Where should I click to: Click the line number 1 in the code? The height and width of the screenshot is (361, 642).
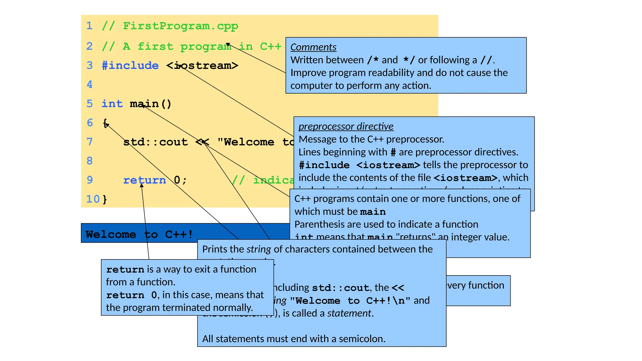pos(90,26)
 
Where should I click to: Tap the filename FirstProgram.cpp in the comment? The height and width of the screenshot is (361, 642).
pos(181,26)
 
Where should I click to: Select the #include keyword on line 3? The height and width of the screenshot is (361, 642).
pos(130,65)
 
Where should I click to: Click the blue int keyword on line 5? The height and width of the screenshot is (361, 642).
pos(112,104)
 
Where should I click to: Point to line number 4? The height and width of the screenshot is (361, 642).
pos(90,84)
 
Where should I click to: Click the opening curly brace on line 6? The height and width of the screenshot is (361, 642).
pos(105,123)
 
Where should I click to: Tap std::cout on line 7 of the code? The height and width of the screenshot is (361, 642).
pos(155,142)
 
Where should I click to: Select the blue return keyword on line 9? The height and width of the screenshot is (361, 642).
pos(145,180)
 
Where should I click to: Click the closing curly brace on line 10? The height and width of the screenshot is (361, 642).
pos(105,199)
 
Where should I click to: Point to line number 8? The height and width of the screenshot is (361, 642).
pos(90,161)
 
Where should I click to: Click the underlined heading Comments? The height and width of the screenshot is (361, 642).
pos(313,47)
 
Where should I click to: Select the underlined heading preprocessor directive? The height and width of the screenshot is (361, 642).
pos(346,126)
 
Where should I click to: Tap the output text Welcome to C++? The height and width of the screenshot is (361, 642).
pos(139,234)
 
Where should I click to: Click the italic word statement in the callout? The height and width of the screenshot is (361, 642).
pos(349,313)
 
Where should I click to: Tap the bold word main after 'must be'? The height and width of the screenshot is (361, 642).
pos(373,212)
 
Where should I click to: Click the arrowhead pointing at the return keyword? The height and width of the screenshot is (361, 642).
pos(142,185)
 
